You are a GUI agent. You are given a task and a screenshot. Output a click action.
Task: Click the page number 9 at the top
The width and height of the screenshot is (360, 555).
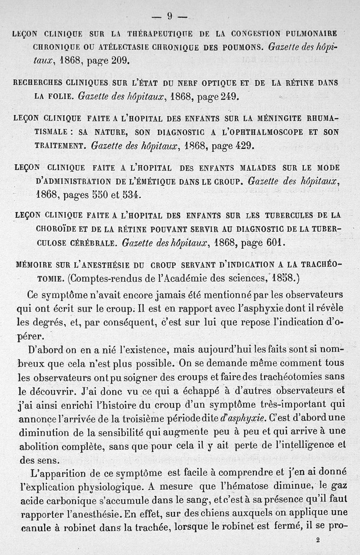point(170,16)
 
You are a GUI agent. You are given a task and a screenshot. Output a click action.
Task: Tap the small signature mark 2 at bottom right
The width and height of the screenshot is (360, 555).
point(318,542)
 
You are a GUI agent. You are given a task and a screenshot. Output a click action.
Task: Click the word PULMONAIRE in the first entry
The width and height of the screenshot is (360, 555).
point(309,34)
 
